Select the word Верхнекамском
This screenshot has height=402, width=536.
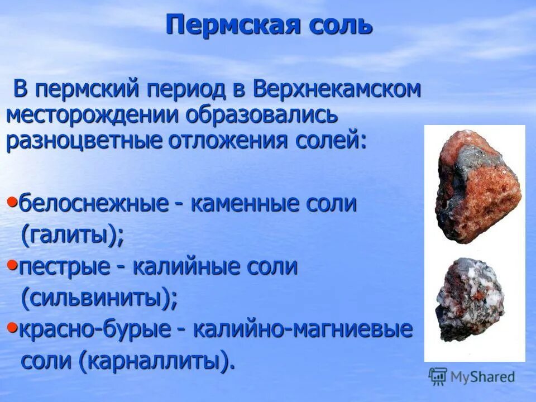coord(337,89)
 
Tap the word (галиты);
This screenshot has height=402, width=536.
coord(73,236)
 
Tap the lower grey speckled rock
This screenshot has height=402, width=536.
coord(470,299)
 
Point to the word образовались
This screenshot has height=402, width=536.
coord(262,115)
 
